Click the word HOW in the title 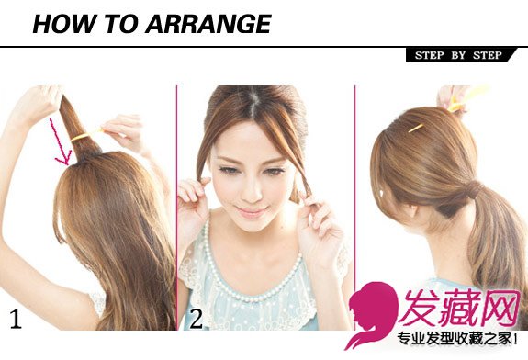pyautogui.click(x=63, y=24)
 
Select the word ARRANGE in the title pyautogui.click(x=208, y=24)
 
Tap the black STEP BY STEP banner pyautogui.click(x=460, y=55)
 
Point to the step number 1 pyautogui.click(x=16, y=319)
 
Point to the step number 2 pyautogui.click(x=197, y=319)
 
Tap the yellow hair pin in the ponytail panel pyautogui.click(x=416, y=128)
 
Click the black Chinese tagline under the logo pyautogui.click(x=457, y=339)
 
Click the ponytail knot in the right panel pyautogui.click(x=475, y=189)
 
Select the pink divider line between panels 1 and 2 pyautogui.click(x=177, y=208)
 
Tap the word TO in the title pyautogui.click(x=120, y=24)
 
